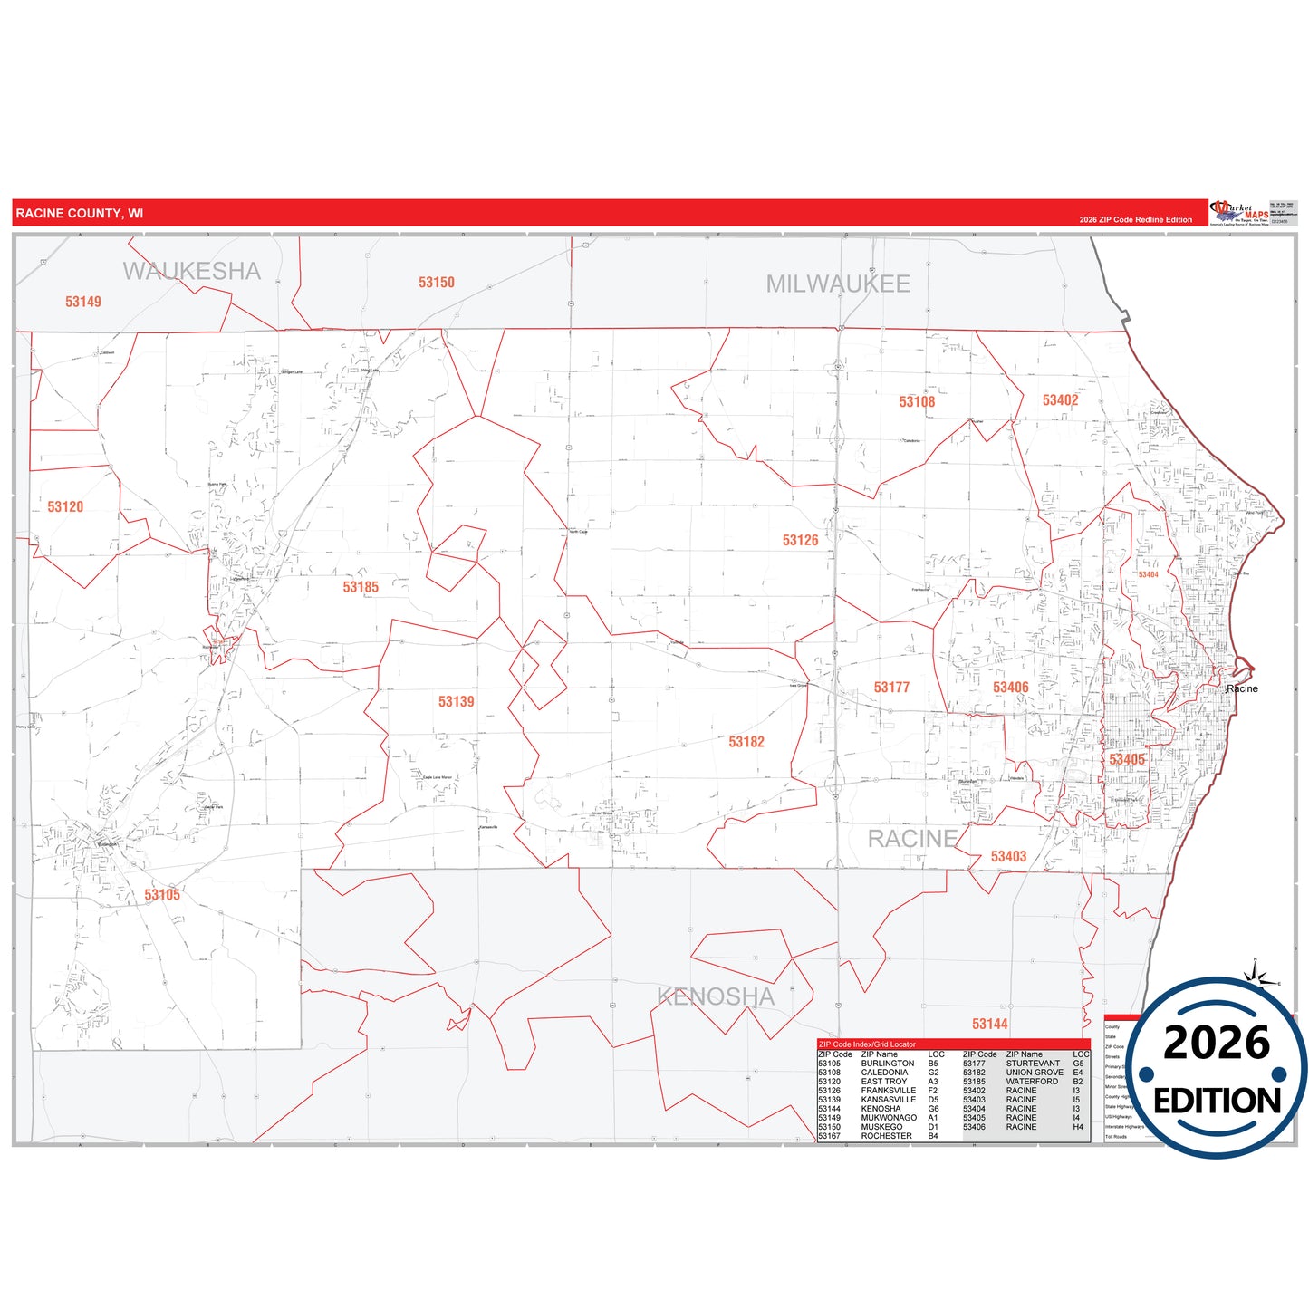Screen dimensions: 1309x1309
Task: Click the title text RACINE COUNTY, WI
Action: tap(80, 214)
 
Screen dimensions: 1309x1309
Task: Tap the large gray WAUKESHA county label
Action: tap(191, 271)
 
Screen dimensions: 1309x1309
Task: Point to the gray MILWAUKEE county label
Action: tap(838, 284)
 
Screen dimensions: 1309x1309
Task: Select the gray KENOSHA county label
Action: tap(715, 996)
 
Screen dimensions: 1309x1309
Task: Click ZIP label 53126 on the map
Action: tap(800, 541)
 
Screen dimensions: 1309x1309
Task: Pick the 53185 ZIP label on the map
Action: tap(361, 587)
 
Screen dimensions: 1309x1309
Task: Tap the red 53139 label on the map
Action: tap(456, 702)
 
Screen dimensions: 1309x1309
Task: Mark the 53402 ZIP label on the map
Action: tap(1060, 400)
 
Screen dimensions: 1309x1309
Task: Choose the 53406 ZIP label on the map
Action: tap(1010, 688)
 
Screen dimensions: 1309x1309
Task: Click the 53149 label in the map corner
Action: tap(83, 302)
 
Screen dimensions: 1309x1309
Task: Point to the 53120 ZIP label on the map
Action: tap(65, 507)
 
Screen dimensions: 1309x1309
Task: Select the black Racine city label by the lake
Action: tap(1242, 689)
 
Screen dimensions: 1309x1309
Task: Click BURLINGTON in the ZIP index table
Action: tap(887, 1064)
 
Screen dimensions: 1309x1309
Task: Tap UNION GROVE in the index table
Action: tap(1035, 1073)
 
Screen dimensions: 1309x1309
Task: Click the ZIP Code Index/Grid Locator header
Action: tap(867, 1044)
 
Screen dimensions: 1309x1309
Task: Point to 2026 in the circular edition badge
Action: tap(1216, 1043)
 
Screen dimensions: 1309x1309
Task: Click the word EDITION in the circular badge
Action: tap(1217, 1101)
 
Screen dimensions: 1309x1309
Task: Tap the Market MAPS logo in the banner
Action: tap(1240, 214)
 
